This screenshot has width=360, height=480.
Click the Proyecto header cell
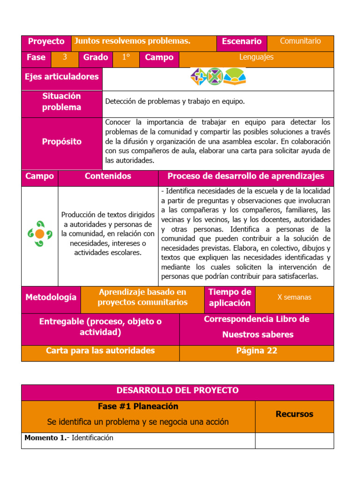tap(46, 42)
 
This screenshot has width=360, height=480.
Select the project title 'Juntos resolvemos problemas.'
tap(133, 41)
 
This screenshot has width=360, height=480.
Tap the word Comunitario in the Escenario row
tap(300, 41)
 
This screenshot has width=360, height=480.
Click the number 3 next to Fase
tap(65, 58)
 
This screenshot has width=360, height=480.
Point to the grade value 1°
tap(126, 58)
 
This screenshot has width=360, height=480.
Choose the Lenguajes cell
tap(256, 58)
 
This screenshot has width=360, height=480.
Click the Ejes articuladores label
tap(61, 77)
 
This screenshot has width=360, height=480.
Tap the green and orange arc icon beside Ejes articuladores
tap(234, 76)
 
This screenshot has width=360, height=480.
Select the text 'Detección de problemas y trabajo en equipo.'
tap(175, 101)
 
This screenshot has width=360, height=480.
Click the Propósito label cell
tap(61, 142)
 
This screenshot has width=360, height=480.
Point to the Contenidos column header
tap(108, 177)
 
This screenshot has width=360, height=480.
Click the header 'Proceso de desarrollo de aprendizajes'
tap(246, 177)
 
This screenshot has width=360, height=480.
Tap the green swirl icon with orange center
tap(40, 233)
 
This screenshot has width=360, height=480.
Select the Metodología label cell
tap(51, 298)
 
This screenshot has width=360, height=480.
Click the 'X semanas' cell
tap(294, 297)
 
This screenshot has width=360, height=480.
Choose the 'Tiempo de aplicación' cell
tap(230, 298)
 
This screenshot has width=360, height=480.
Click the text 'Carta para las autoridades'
tap(100, 351)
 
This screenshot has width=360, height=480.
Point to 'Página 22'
tap(256, 351)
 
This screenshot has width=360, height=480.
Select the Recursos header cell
tap(294, 414)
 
